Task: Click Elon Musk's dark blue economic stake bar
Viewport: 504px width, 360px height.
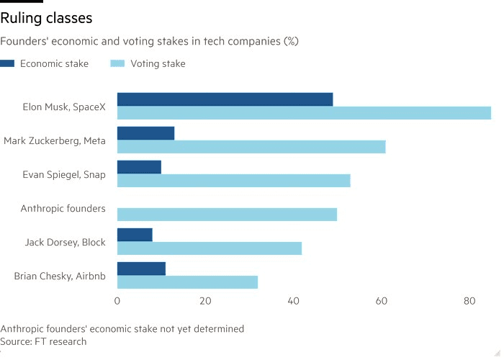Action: (225, 99)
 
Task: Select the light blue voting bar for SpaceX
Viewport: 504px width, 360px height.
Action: (304, 113)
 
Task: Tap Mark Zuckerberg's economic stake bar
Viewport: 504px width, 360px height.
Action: (145, 133)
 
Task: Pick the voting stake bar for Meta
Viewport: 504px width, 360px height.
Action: (251, 147)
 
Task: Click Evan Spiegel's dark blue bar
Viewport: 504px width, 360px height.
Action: (139, 167)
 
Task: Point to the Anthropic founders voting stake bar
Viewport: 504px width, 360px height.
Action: (227, 215)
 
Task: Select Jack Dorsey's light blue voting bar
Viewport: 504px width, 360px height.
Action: (210, 248)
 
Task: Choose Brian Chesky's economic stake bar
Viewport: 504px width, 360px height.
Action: (141, 269)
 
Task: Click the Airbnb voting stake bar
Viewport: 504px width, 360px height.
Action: (187, 282)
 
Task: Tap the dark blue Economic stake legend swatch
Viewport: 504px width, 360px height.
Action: (7, 63)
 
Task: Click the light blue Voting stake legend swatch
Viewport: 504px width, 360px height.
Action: (117, 63)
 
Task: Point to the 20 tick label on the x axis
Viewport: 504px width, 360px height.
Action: (205, 301)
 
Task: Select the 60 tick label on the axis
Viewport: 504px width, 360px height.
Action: (381, 301)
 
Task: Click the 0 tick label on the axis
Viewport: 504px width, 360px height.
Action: (117, 301)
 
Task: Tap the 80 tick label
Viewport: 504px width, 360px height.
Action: (469, 301)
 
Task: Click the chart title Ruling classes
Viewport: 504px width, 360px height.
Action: (46, 18)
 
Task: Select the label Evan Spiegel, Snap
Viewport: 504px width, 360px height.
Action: (64, 174)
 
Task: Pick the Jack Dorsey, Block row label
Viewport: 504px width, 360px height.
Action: (66, 242)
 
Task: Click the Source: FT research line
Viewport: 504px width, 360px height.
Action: (43, 341)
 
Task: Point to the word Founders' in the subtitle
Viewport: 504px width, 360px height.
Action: (24, 41)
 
